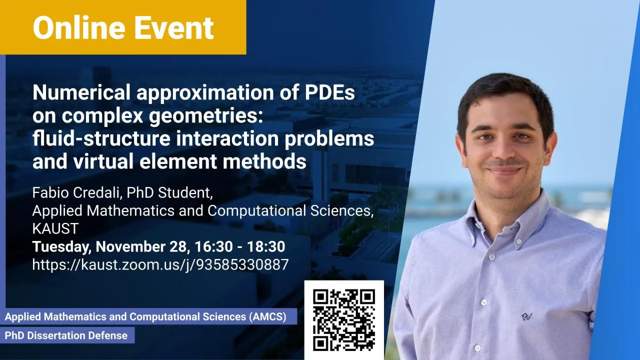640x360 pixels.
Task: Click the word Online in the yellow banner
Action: point(79,27)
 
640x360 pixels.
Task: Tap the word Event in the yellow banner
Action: point(173,27)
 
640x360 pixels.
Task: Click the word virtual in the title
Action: point(103,161)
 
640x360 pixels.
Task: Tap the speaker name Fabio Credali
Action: point(77,193)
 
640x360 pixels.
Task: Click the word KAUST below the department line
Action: point(55,228)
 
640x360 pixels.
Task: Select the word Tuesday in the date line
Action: point(61,247)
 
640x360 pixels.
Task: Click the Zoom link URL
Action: point(160,265)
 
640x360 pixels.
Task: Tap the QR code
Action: point(344,320)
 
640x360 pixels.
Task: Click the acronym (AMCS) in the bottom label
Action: point(267,317)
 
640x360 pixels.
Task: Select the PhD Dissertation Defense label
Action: point(66,335)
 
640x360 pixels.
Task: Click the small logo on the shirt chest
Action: point(526,316)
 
